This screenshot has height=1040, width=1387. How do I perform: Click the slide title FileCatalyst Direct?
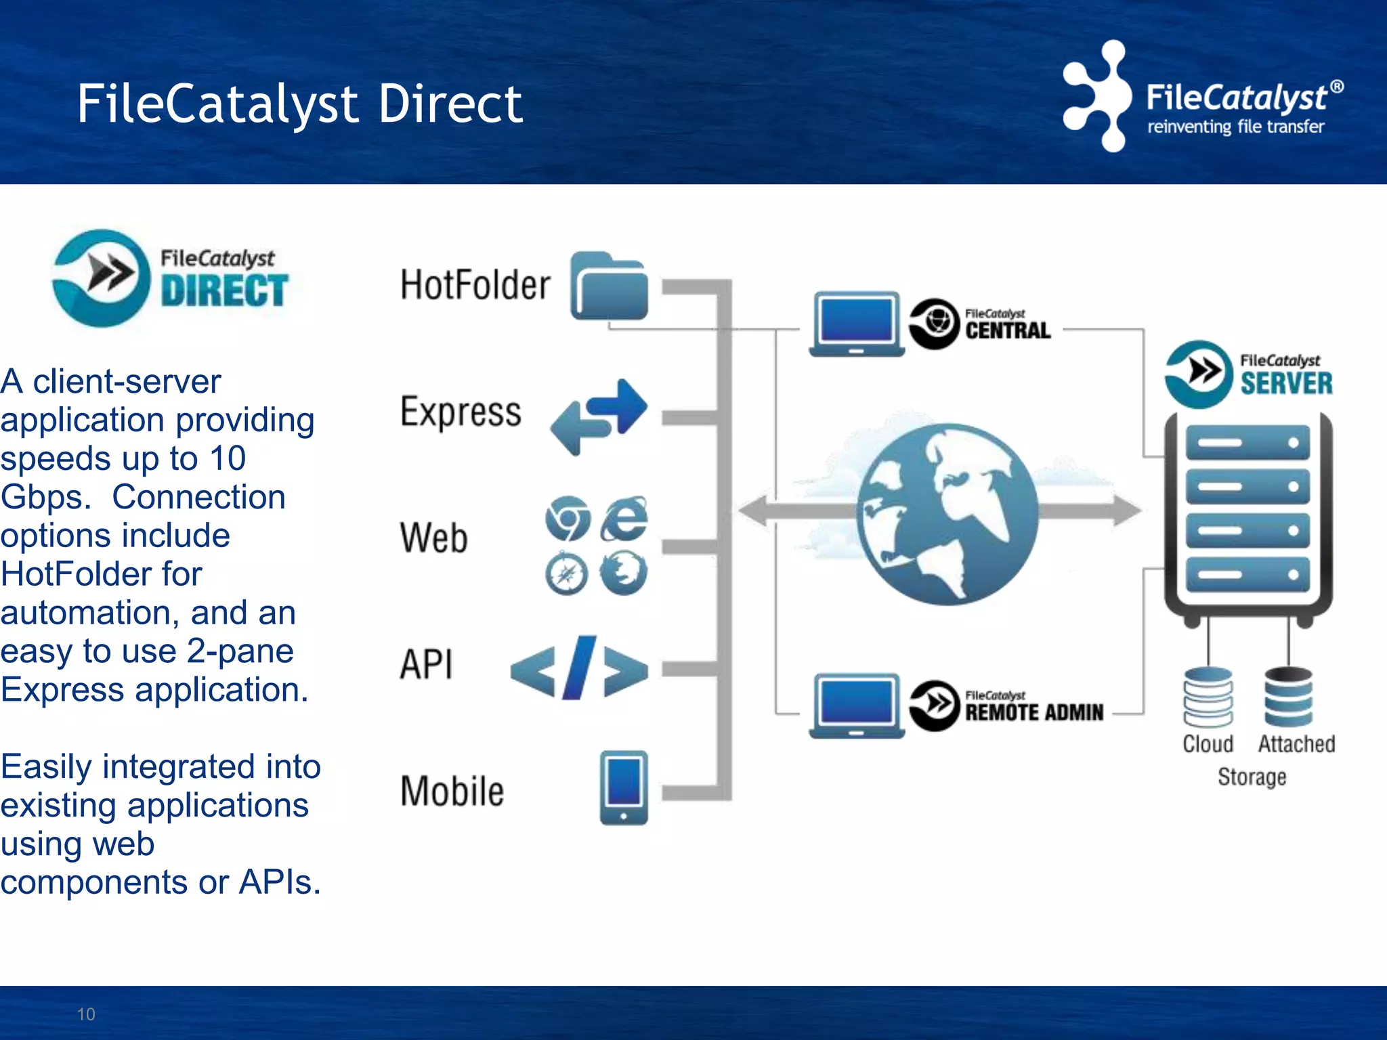click(299, 105)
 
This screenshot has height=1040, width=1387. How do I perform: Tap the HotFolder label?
click(475, 284)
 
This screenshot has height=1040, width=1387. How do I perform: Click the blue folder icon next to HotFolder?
click(610, 287)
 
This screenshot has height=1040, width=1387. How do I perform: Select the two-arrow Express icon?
click(599, 416)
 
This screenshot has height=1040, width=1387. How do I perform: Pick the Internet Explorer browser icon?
click(624, 519)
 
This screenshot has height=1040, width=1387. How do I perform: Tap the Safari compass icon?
click(567, 574)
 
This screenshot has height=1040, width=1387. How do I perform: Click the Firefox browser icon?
click(624, 573)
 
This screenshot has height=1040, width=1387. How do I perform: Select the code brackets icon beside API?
click(579, 669)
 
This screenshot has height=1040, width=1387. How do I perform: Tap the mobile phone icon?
click(624, 787)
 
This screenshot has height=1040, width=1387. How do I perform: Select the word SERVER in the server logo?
click(1285, 383)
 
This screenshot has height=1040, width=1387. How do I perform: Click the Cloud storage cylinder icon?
click(1208, 697)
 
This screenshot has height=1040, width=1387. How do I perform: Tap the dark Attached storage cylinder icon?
click(1288, 697)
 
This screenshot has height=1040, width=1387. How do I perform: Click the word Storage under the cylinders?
click(1252, 777)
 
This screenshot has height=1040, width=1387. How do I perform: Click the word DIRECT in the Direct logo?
click(224, 291)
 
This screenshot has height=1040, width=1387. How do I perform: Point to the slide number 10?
click(86, 1014)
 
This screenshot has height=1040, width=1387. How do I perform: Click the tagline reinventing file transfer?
click(1235, 127)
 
